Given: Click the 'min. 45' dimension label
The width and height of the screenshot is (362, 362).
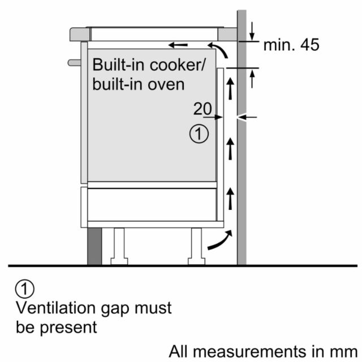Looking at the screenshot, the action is click(x=291, y=45).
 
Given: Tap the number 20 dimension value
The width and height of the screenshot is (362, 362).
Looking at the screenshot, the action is click(x=202, y=109).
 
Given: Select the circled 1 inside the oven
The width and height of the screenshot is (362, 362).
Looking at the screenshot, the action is click(x=199, y=134).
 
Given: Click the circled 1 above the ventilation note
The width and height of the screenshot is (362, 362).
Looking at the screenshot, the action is click(x=25, y=289).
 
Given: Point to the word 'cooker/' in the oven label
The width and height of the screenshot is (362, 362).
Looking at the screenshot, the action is click(x=177, y=65).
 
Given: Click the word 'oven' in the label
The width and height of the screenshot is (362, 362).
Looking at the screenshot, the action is click(x=166, y=84).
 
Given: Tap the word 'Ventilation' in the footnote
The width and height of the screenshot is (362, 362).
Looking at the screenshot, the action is click(x=55, y=308).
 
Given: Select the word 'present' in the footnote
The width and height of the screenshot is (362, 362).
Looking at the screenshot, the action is click(x=68, y=328).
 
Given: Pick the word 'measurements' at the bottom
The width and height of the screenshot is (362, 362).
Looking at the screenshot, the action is click(x=250, y=352).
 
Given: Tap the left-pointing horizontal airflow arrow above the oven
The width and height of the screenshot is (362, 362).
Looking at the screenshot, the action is click(x=178, y=45).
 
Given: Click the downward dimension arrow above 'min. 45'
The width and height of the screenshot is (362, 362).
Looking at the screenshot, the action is click(x=252, y=32).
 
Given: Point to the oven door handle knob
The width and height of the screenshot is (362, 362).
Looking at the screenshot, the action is click(x=74, y=63).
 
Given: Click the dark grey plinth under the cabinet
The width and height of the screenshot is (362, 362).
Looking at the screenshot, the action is click(x=94, y=247).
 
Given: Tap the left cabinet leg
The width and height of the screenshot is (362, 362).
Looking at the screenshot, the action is click(x=119, y=247).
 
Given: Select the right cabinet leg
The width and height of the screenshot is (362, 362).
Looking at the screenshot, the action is click(x=196, y=247).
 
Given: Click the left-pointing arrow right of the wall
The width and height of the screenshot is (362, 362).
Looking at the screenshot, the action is click(x=247, y=117).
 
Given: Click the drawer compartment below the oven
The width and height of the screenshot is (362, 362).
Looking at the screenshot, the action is click(x=152, y=205).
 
